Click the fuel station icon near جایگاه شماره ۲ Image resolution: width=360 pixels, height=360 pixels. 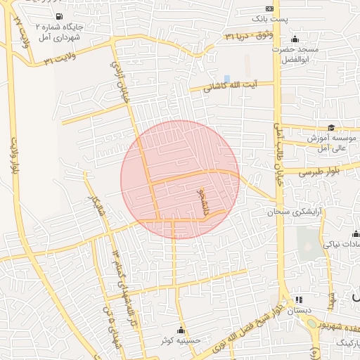point(58,16)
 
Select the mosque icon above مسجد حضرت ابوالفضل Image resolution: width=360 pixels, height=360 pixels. point(294,39)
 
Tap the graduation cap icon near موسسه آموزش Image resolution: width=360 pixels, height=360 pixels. point(331,128)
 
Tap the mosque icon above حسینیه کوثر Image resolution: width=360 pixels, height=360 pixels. point(181,330)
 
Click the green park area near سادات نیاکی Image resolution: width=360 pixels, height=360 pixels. point(307,239)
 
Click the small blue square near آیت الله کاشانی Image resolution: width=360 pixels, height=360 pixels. point(226,78)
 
